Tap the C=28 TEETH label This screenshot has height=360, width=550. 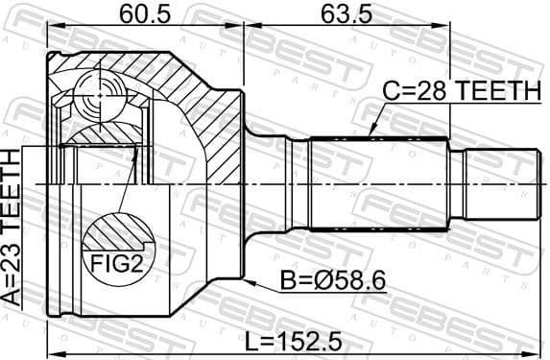click(463, 91)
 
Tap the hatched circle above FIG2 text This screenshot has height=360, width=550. click(116, 235)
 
